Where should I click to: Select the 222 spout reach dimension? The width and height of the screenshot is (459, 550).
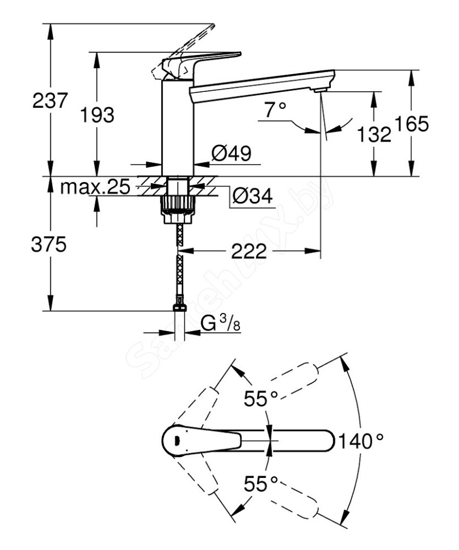pos(249,251)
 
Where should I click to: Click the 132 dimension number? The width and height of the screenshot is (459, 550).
pos(374,134)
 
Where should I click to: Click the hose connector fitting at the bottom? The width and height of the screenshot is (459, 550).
pos(179,310)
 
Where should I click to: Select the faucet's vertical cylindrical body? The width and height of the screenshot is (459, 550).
pos(179,128)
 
